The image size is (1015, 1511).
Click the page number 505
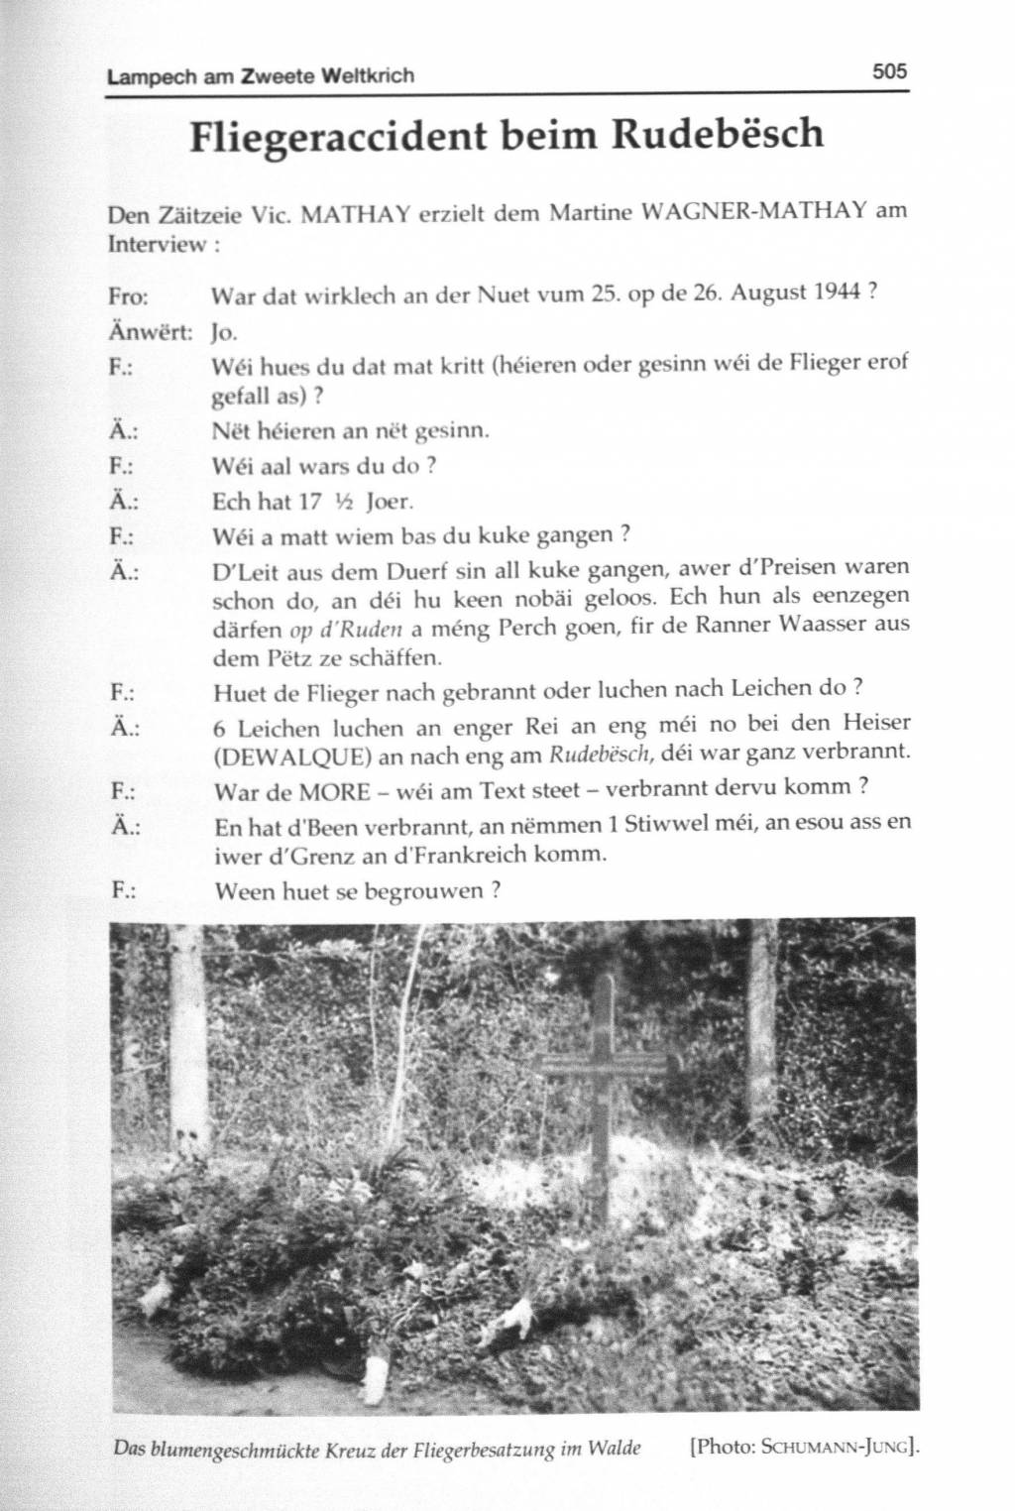(x=889, y=71)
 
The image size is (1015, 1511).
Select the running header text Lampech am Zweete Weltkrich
(x=260, y=75)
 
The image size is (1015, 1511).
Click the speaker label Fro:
(x=128, y=295)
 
